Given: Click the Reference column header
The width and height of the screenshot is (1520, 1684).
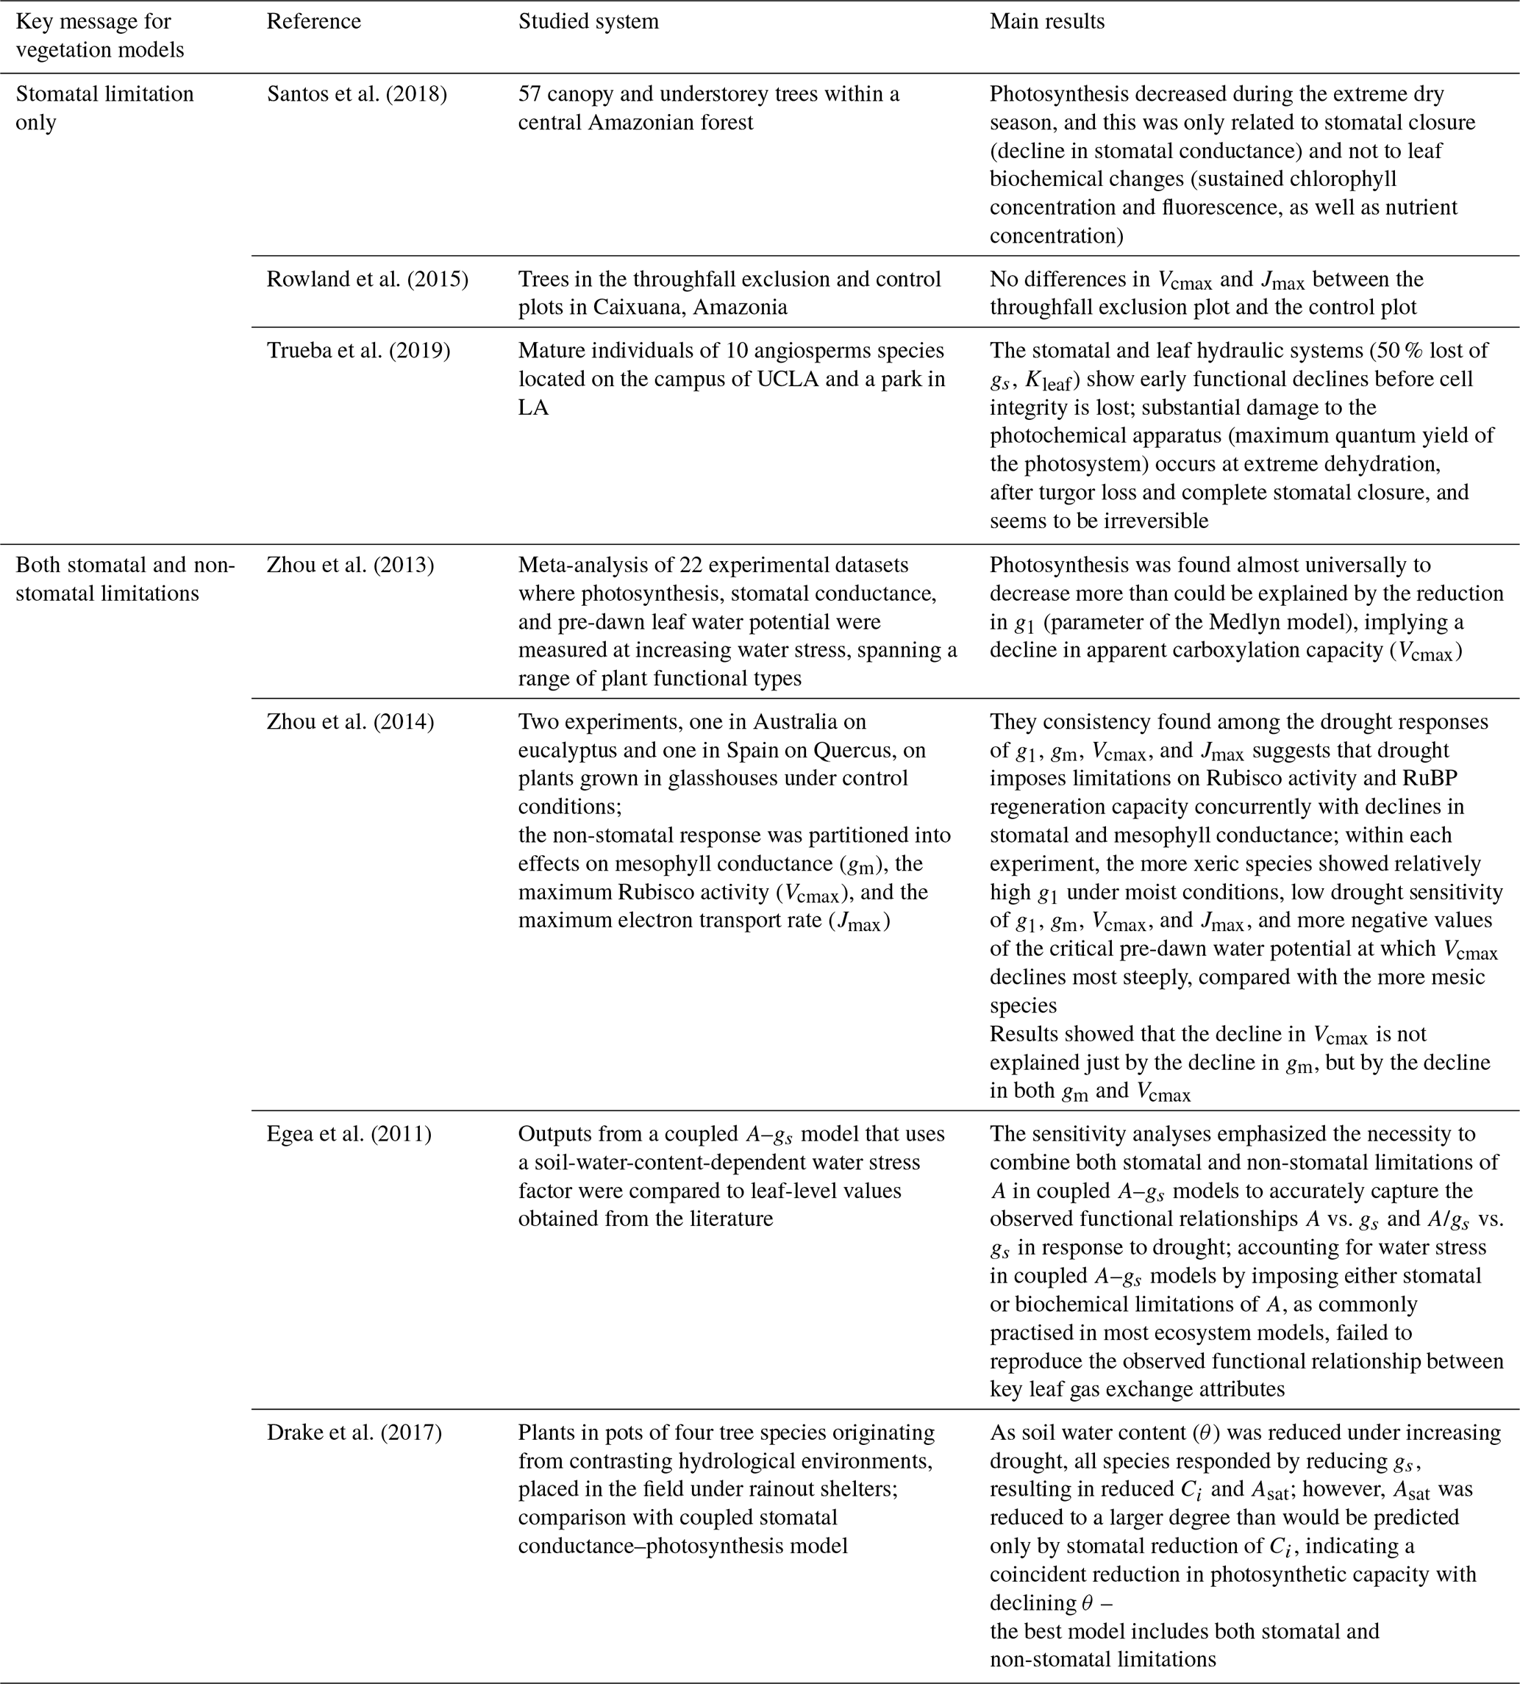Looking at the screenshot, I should (x=313, y=22).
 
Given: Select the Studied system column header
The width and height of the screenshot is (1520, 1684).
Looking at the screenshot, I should (x=588, y=22).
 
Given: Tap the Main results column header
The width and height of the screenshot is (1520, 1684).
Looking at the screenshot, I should (x=1046, y=22).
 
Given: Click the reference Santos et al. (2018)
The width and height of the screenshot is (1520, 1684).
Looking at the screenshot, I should (x=357, y=94).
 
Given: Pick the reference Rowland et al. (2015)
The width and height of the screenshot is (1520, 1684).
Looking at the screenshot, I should (x=368, y=279).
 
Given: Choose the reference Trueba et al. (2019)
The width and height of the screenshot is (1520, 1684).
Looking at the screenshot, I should (x=358, y=351).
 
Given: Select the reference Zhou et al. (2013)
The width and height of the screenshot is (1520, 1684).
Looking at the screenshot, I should (x=350, y=566).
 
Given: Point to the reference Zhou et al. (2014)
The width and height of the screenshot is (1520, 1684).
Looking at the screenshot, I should (x=350, y=721).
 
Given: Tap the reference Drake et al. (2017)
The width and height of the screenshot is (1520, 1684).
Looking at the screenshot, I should (x=354, y=1433).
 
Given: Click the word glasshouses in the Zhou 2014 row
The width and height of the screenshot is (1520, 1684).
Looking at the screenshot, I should (x=718, y=779).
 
